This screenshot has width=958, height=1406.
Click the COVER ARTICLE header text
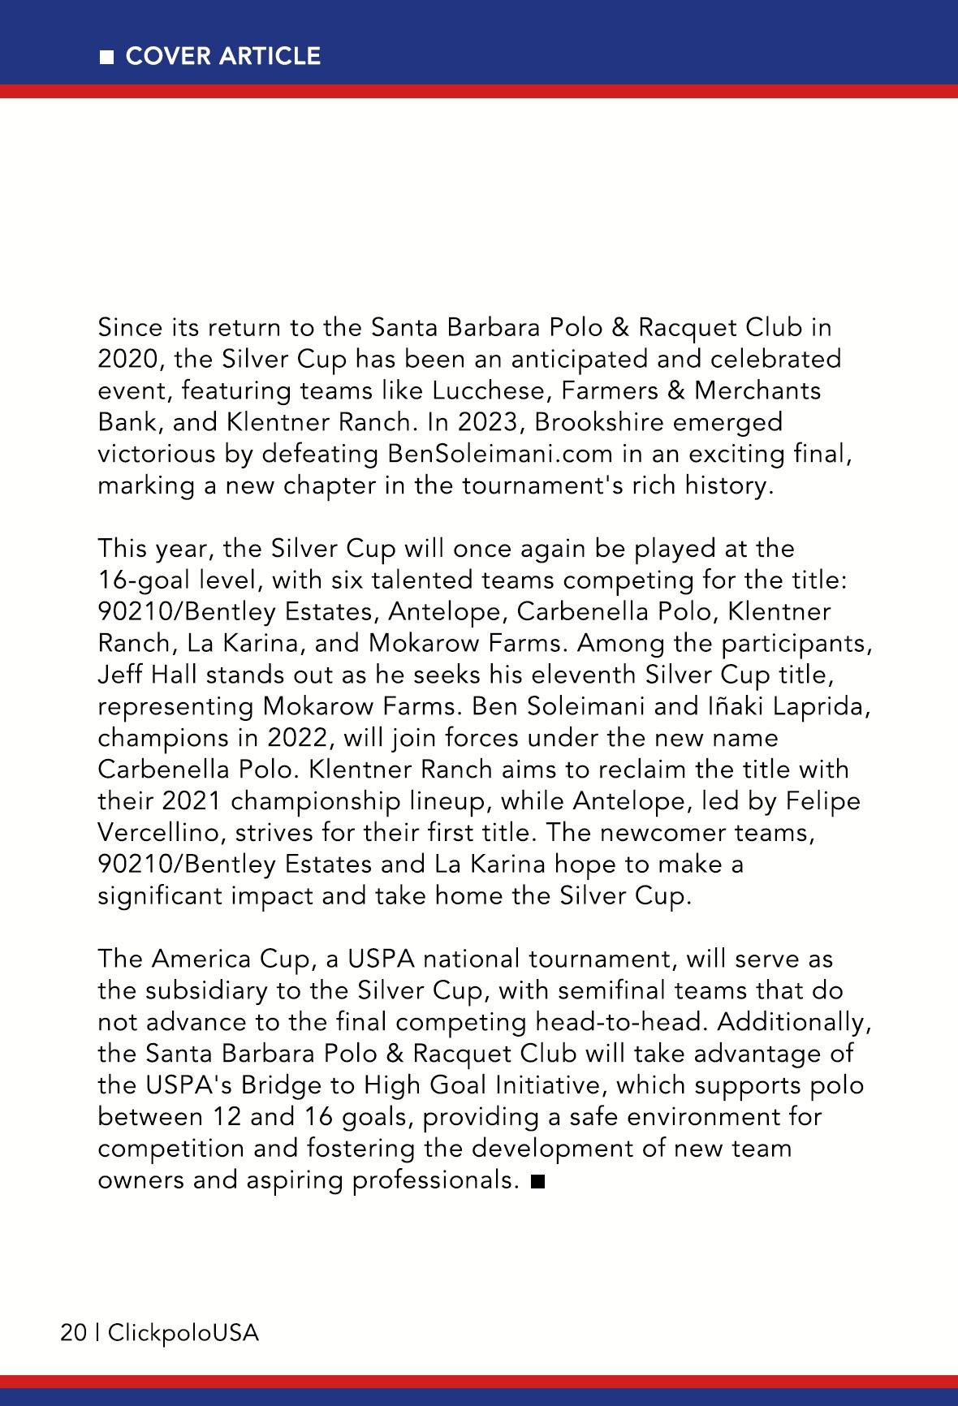coord(223,56)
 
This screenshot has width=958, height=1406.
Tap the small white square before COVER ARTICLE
coord(106,57)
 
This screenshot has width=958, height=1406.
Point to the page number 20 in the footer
coord(74,1333)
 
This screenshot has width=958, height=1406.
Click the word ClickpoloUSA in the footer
coord(183,1333)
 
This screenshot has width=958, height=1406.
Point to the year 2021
coord(191,801)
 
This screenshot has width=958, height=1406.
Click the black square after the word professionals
coord(537,1181)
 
